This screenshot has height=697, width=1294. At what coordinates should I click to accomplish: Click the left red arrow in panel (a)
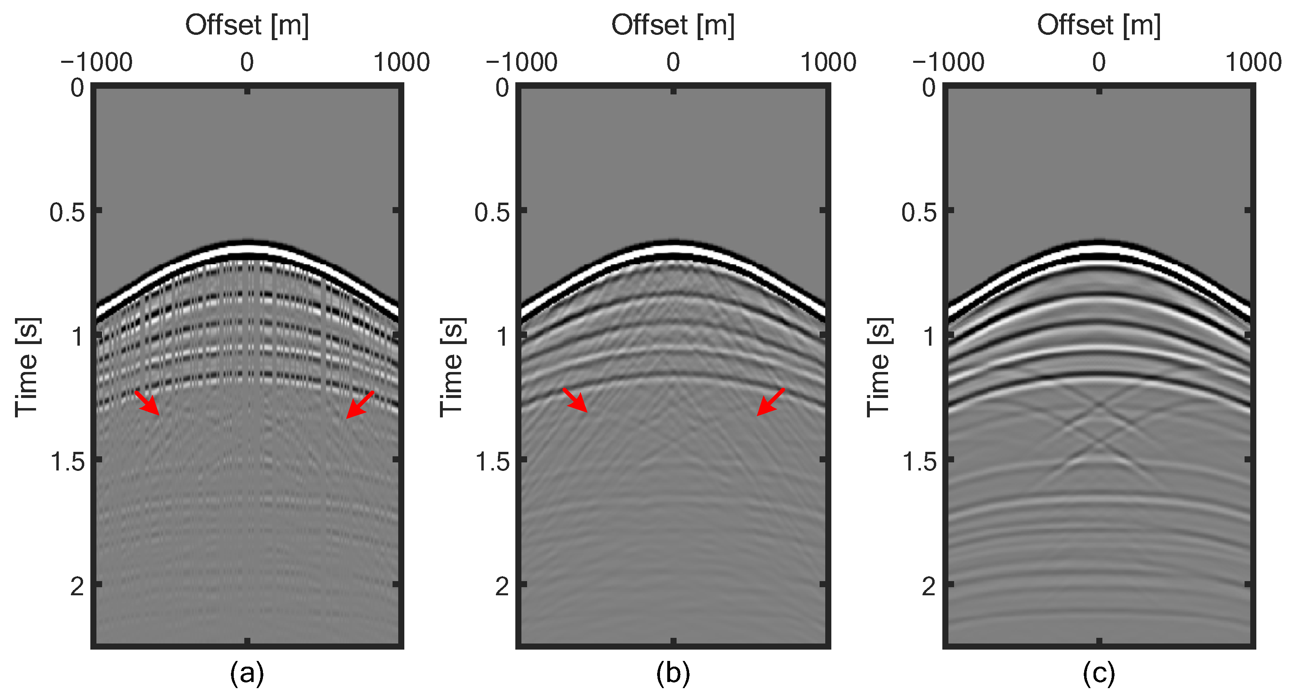[x=148, y=404]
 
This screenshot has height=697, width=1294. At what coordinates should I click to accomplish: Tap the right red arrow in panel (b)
[x=770, y=402]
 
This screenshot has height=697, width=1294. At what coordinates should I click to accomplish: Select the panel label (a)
[x=247, y=673]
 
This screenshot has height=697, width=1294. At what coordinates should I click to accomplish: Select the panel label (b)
[x=673, y=673]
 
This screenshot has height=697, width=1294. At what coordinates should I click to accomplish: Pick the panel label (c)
[x=1099, y=673]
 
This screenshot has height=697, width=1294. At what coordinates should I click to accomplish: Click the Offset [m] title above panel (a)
[x=247, y=25]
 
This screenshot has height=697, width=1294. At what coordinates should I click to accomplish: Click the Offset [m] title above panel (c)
[x=1099, y=25]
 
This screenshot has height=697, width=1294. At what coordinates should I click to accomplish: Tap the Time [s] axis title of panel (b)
[x=452, y=368]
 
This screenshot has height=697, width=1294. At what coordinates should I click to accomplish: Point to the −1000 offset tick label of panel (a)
[x=96, y=63]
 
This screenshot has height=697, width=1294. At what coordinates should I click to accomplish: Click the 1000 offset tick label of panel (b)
[x=828, y=63]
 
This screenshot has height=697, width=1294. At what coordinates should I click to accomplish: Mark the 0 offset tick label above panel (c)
[x=1099, y=63]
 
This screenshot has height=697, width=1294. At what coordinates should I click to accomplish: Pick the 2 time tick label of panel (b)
[x=502, y=586]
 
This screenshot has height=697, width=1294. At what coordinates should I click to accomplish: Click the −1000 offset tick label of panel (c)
[x=948, y=63]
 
